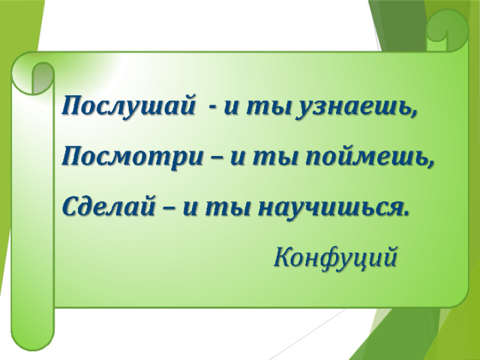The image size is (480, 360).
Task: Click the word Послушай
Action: coord(129,106)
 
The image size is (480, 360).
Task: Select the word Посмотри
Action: coord(132,156)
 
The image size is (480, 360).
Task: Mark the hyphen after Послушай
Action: coord(211,109)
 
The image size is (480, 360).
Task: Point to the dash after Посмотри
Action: coord(216,159)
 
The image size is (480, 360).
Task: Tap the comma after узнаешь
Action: coord(413,115)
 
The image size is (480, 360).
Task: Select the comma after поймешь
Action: coord(430,165)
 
